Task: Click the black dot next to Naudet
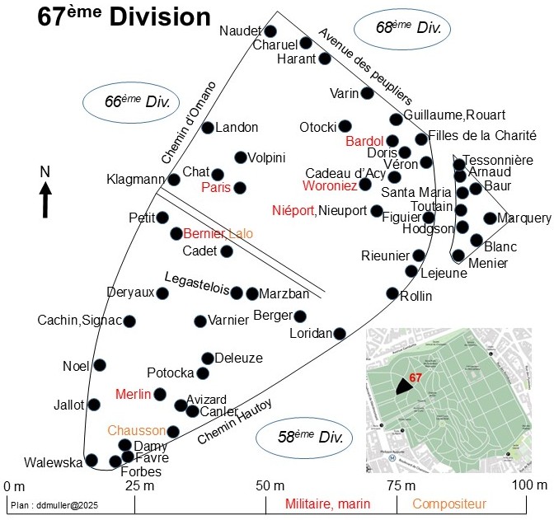click(270, 31)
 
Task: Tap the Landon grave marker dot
click(208, 127)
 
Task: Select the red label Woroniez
click(330, 185)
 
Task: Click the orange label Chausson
click(136, 430)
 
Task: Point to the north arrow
click(45, 199)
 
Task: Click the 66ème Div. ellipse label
click(131, 102)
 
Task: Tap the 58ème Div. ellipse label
click(304, 438)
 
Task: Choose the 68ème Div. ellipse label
click(402, 28)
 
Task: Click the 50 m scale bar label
click(270, 485)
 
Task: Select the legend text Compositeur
click(449, 504)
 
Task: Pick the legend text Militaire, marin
click(327, 504)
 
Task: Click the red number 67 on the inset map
click(415, 377)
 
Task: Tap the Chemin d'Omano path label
click(189, 123)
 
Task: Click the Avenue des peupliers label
click(366, 67)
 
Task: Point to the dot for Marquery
click(490, 218)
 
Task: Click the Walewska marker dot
click(92, 460)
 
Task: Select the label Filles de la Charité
click(482, 135)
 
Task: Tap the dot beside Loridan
click(340, 334)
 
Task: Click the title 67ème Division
click(124, 16)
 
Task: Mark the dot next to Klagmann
click(174, 180)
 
